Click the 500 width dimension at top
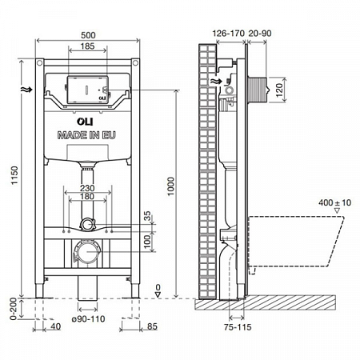click(x=89, y=35)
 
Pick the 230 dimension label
click(x=88, y=189)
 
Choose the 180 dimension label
click(x=88, y=198)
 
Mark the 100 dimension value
click(x=146, y=239)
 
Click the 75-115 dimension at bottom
click(x=233, y=327)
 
